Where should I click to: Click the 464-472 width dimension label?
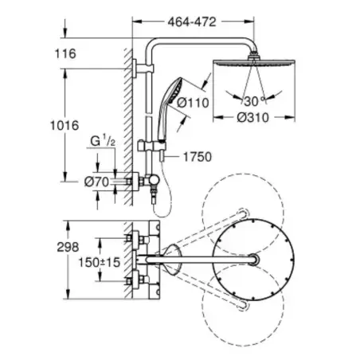pos(192,22)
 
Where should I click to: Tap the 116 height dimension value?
pos(65,53)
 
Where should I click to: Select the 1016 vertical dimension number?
pos(65,125)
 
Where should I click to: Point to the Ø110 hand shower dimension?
pos(193,103)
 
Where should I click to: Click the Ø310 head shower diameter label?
pos(252,118)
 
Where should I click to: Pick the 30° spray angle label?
pos(254,101)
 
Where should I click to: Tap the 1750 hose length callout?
pos(198,157)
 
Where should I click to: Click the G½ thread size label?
pos(103,141)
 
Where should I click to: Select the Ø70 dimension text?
pos(96,182)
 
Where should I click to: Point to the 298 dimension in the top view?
pos(68,247)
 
